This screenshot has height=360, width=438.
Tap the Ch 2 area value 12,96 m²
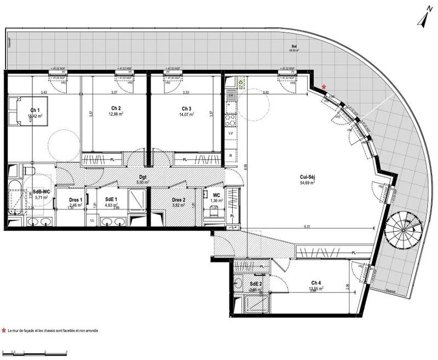pos(116,113)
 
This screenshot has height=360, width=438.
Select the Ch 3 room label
pos(187,108)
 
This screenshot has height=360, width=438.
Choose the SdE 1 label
pos(111,199)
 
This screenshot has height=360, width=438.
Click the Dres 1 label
pos(76,199)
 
